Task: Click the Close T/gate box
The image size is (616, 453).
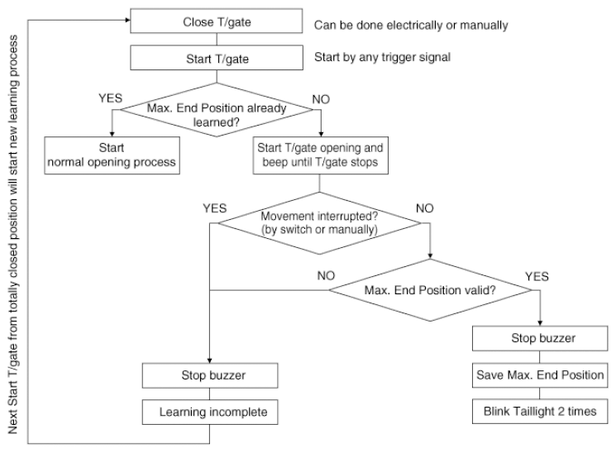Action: [x=217, y=21]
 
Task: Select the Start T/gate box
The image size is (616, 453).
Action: [x=217, y=58]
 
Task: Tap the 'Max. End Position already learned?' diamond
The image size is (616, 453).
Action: [x=217, y=110]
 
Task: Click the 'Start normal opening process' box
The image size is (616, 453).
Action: [x=112, y=155]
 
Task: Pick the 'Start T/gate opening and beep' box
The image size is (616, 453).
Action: [x=321, y=155]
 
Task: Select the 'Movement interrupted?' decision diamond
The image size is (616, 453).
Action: [x=319, y=223]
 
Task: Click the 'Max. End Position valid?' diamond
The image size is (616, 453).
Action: [x=430, y=290]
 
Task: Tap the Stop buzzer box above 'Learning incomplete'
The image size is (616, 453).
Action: [x=210, y=375]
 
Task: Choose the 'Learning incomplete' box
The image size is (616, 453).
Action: [x=210, y=412]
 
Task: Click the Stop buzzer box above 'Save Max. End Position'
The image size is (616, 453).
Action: [x=540, y=338]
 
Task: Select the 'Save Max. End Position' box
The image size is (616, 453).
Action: [x=540, y=375]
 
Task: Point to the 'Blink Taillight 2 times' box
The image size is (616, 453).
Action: [x=540, y=412]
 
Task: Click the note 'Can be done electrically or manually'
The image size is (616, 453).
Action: [x=411, y=26]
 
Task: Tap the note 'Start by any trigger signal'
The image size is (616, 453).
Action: [x=382, y=57]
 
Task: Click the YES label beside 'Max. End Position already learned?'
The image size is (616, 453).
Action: [x=111, y=98]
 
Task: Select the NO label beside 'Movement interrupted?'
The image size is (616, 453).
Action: [x=425, y=208]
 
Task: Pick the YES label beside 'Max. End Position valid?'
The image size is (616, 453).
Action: [x=537, y=277]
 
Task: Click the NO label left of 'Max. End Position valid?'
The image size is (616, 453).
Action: [x=326, y=276]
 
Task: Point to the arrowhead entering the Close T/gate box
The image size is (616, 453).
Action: [x=127, y=20]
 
